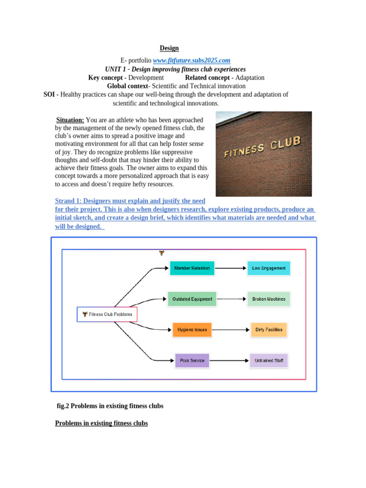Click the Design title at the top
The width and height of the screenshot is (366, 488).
[169, 48]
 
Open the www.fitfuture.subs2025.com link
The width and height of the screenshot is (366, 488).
[192, 61]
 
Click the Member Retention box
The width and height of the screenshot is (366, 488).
[192, 268]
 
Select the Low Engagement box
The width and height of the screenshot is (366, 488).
[269, 268]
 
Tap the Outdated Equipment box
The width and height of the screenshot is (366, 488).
[192, 299]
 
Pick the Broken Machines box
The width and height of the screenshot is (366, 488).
[269, 299]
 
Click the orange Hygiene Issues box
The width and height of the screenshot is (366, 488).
[192, 330]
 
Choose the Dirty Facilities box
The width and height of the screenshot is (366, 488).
[269, 330]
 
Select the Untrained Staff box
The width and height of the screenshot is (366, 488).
[269, 361]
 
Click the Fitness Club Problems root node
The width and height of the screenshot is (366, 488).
[107, 315]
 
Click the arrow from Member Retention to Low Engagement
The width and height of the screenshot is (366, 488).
[231, 268]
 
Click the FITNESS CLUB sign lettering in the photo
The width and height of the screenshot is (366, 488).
[263, 148]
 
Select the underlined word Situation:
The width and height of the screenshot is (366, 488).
[70, 120]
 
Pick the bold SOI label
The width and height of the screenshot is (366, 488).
[50, 94]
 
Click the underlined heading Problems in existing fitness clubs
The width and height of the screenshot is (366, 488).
[102, 423]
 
